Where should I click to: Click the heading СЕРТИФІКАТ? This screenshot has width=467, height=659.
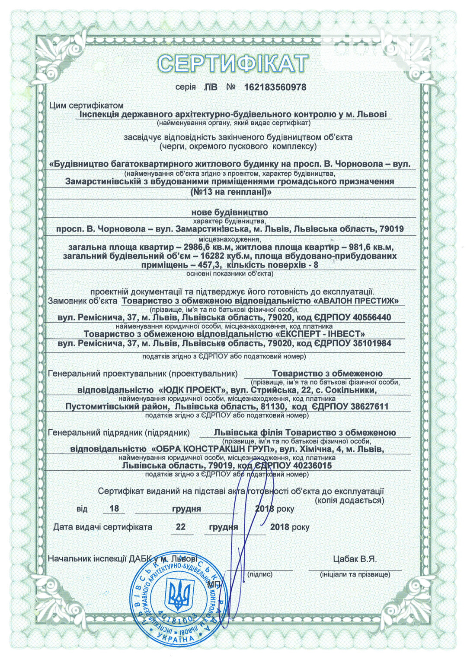[x=233, y=63]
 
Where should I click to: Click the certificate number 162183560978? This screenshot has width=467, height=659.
[x=275, y=87]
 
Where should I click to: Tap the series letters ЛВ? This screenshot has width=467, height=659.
[x=211, y=87]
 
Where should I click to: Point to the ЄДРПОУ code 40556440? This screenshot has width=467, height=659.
[x=372, y=318]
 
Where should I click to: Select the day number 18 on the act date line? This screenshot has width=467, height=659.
[x=114, y=509]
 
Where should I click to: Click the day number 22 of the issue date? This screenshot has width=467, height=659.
[x=181, y=527]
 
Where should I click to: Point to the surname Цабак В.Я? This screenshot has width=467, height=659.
[x=355, y=559]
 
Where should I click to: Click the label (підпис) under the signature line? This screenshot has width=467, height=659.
[x=260, y=574]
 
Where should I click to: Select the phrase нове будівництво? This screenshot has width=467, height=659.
[x=230, y=212]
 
